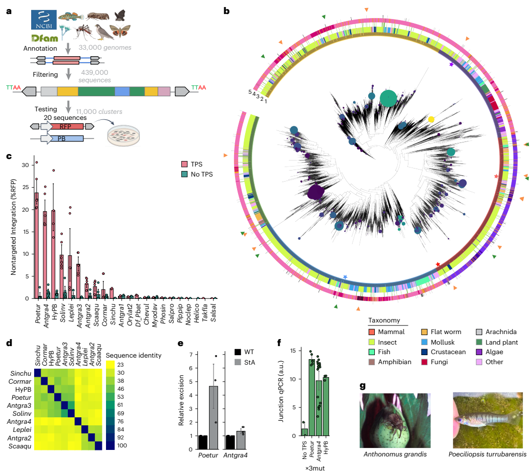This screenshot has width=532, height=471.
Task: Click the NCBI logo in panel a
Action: tap(43, 19)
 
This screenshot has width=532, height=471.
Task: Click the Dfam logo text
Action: tap(45, 39)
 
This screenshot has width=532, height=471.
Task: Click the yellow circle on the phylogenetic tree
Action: tap(431, 120)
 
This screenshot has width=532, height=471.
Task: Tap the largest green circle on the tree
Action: tap(388, 98)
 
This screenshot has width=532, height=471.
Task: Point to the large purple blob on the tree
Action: tap(315, 193)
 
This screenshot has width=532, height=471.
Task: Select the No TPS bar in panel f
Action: tap(304, 431)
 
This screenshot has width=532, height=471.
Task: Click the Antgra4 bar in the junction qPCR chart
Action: tap(318, 408)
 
